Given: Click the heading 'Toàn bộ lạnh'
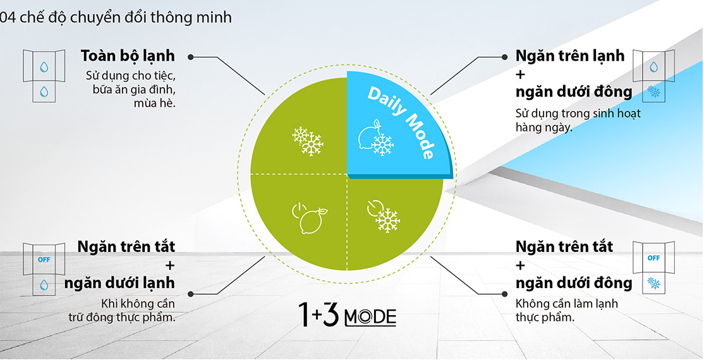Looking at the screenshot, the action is [128, 56].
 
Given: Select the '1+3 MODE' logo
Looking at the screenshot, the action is [348, 315].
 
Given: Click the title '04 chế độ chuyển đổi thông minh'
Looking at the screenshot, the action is [116, 18].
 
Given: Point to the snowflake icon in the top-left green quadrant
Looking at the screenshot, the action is [308, 141].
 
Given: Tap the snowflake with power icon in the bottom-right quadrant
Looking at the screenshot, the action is [384, 216].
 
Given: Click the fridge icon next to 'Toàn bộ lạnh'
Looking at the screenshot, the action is [44, 76].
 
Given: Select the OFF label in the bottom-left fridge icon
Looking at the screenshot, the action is [44, 260].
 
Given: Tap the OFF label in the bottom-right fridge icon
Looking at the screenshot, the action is [653, 258].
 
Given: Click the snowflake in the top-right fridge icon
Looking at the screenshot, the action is [654, 92].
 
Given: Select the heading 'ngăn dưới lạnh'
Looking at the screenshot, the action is [119, 283].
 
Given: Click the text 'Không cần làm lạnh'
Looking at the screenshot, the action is [567, 303].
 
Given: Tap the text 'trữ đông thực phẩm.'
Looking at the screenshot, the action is [122, 318].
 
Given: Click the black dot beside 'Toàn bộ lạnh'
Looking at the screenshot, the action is [190, 57].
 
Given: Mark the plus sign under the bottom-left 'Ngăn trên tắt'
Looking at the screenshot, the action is [170, 265].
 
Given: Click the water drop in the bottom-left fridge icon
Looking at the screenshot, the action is [44, 285].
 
